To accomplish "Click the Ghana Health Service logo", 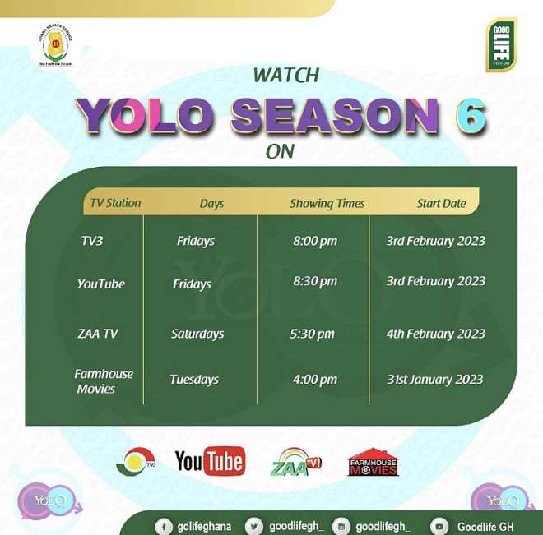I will point(57,46).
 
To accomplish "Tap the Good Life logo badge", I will point(501,44).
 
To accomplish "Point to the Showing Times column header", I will point(327,204).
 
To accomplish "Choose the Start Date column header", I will point(441,203).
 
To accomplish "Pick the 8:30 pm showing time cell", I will point(315,281).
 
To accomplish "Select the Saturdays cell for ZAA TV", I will point(197,334).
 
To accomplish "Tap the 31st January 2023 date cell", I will point(435,380).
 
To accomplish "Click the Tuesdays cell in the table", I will point(194,380).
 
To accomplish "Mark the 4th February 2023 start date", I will point(436,334).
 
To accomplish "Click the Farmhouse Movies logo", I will point(373,462).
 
